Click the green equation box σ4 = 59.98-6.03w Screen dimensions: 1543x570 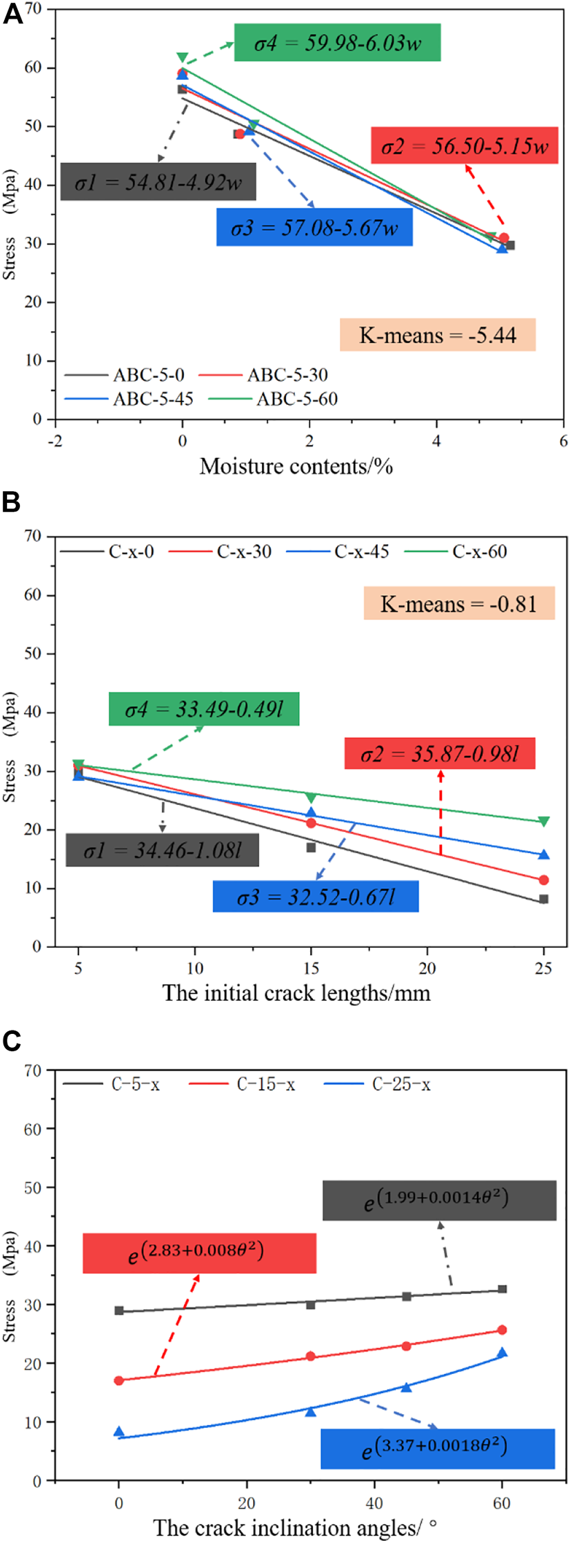point(337,43)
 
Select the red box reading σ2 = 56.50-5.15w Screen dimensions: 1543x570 point(464,146)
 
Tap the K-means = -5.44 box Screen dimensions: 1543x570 point(437,335)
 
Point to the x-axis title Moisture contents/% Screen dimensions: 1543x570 point(296,466)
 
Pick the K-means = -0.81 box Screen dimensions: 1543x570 point(458,604)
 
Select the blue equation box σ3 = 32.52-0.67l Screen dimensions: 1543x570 point(316,897)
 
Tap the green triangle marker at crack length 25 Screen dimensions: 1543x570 point(544,822)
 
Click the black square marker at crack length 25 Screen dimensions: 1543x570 point(544,899)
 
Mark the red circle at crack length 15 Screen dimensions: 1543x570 point(311,823)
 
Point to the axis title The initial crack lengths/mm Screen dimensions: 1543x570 point(296,993)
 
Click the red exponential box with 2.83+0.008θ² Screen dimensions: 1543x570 point(199,1253)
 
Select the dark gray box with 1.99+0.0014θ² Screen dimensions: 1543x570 point(439,1201)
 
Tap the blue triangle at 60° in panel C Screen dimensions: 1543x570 point(502,1353)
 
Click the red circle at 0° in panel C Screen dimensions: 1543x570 point(119,1380)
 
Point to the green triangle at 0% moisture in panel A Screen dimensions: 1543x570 point(182,58)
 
